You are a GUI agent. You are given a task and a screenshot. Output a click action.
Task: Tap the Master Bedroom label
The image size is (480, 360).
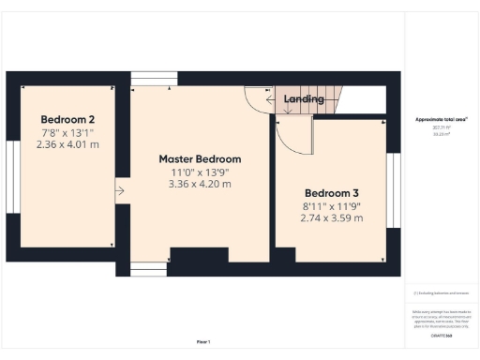pyautogui.click(x=200, y=158)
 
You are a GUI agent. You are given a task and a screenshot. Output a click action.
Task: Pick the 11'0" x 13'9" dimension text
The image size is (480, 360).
pyautogui.click(x=200, y=172)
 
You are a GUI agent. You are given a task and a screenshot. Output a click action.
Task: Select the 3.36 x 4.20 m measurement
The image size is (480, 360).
pyautogui.click(x=200, y=185)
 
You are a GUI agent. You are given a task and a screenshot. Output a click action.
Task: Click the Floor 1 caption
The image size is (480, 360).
pyautogui.click(x=203, y=341)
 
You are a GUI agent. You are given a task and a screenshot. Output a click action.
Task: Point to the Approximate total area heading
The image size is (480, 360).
pyautogui.click(x=441, y=120)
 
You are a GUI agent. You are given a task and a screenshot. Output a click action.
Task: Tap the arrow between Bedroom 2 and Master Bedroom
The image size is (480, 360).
pyautogui.click(x=119, y=192)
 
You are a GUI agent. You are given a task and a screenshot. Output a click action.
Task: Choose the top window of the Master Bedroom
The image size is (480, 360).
pyautogui.click(x=146, y=79)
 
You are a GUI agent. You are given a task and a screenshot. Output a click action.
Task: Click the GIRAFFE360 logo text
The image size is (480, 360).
pyautogui.click(x=440, y=335)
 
